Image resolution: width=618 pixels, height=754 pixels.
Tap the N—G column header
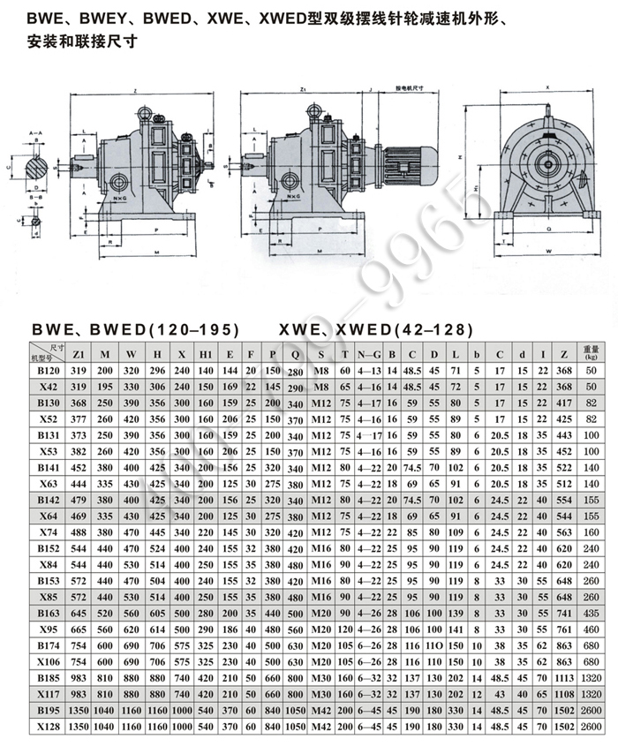[370, 354]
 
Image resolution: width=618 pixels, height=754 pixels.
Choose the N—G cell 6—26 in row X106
[370, 662]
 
